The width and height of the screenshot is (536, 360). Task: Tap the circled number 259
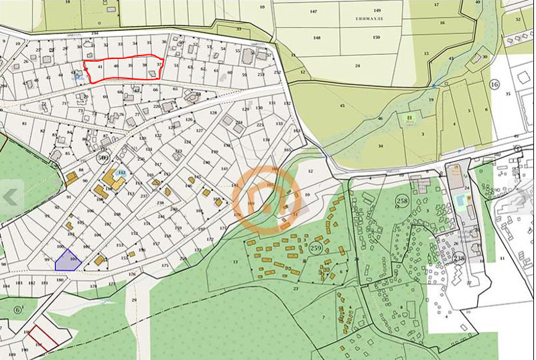(316, 248)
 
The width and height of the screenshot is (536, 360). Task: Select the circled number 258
(402, 200)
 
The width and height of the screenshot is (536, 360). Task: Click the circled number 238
(459, 257)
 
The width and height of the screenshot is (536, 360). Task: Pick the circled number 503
(84, 158)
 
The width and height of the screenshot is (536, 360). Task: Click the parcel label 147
(314, 12)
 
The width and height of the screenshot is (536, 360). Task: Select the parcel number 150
(377, 38)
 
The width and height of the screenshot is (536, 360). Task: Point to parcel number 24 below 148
(358, 66)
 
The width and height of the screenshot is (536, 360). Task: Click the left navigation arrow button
(11, 196)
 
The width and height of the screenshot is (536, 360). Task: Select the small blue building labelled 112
(121, 173)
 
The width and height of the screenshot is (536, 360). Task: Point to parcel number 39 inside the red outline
(129, 66)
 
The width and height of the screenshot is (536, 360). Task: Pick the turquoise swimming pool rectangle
(462, 200)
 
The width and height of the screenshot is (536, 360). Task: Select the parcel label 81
(25, 123)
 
